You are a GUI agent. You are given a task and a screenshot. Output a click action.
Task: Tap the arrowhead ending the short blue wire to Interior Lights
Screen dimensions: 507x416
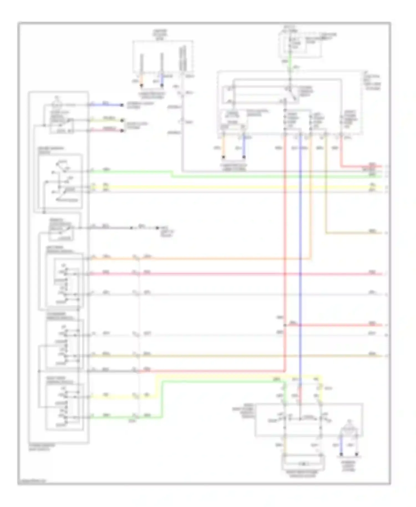[x=122, y=105]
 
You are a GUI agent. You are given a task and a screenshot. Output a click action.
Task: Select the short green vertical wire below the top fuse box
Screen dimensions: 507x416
[x=290, y=63]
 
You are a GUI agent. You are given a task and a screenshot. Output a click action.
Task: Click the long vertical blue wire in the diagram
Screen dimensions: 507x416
[x=300, y=250]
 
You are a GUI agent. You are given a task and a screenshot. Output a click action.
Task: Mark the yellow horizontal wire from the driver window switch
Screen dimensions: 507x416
[x=222, y=187]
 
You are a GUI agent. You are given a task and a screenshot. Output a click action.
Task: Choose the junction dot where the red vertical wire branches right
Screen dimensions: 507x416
[x=285, y=325]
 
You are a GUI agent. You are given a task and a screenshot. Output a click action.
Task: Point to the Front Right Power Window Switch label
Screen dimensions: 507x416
[x=244, y=410]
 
